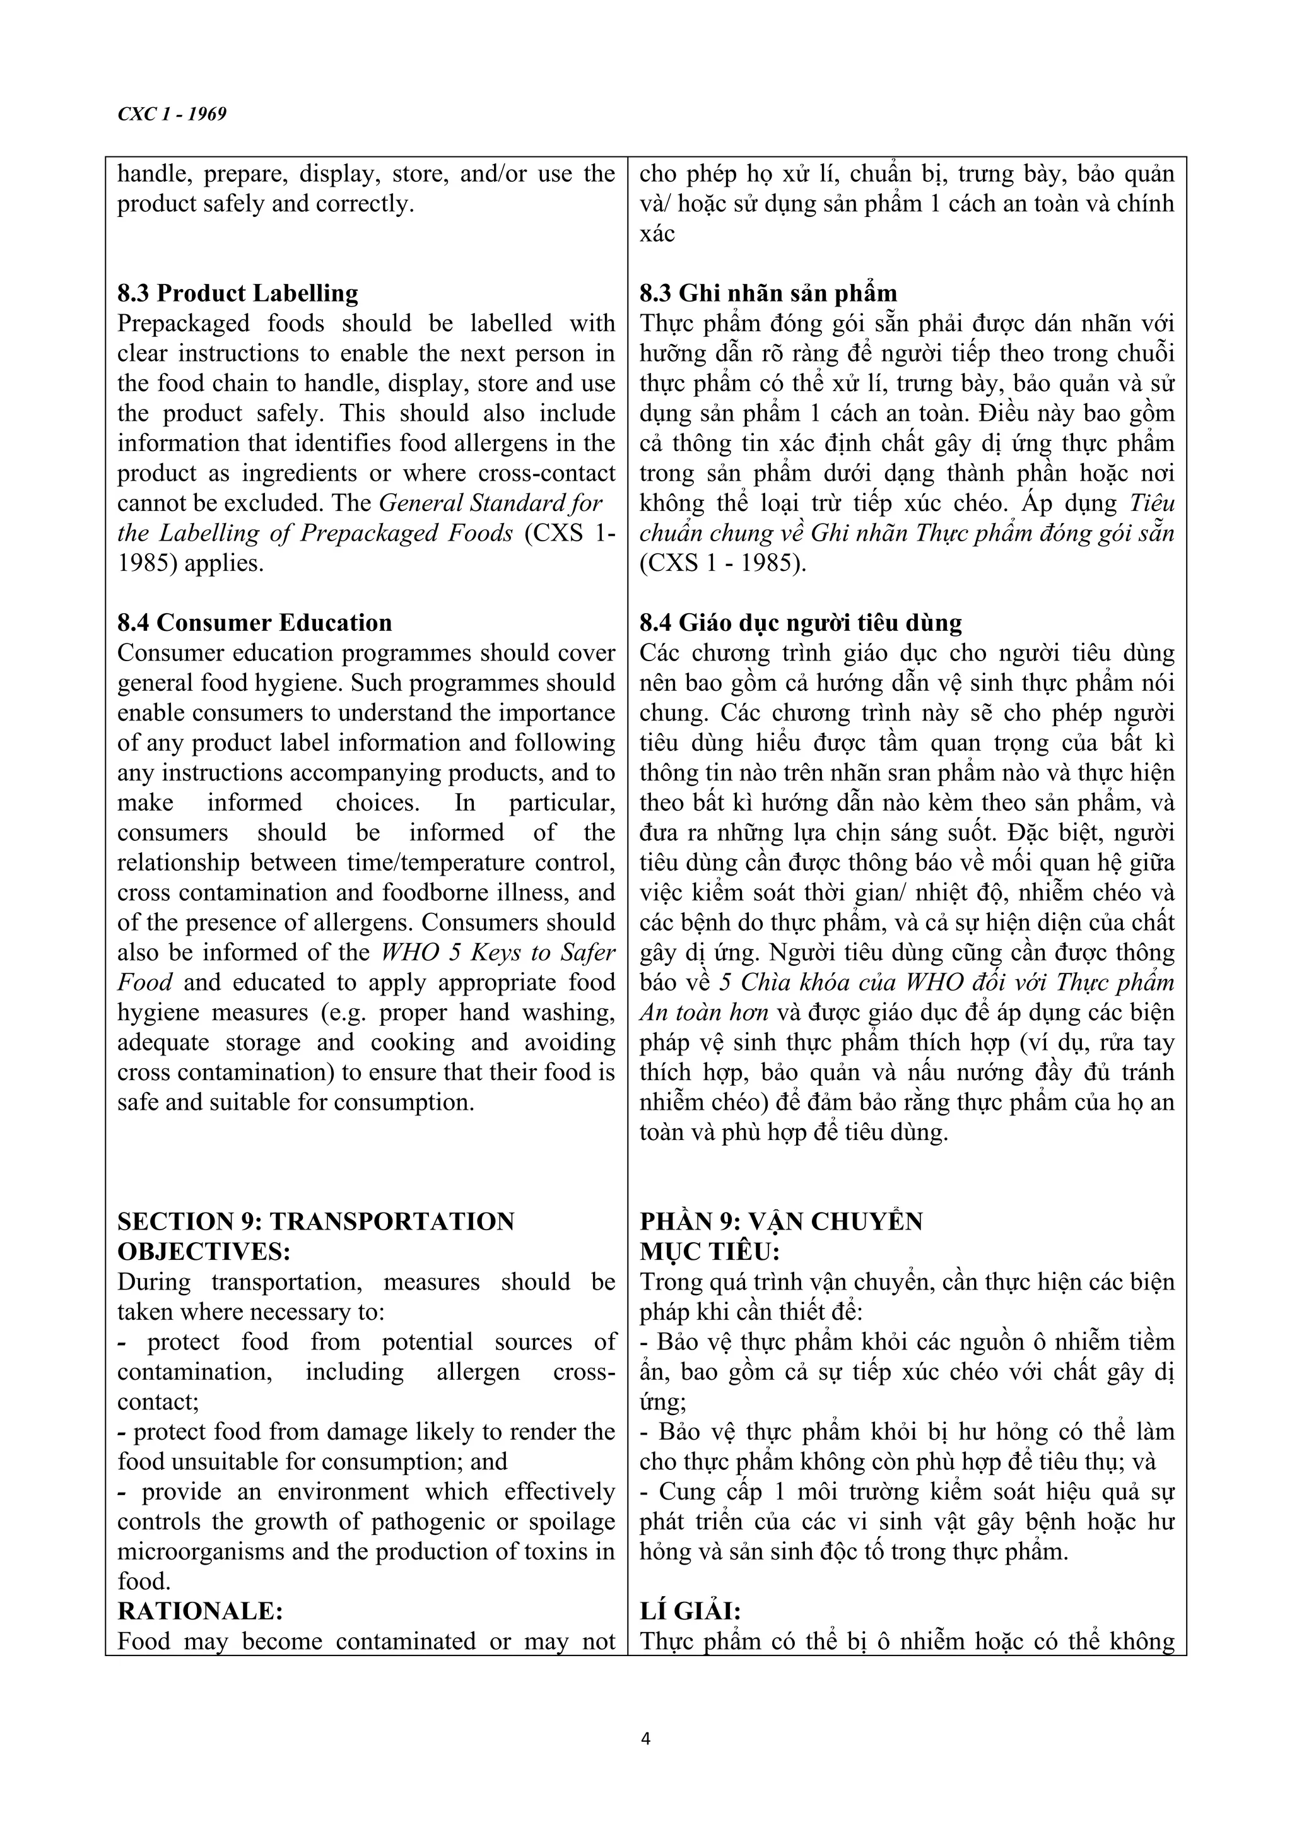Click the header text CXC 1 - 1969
coord(172,114)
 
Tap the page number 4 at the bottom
coord(645,1739)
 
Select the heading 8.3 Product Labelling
coord(237,293)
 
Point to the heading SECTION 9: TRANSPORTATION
coord(316,1221)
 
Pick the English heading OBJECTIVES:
coord(204,1252)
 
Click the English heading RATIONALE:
coord(201,1611)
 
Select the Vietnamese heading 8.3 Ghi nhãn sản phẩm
coord(768,293)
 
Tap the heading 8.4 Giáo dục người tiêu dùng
coord(801,622)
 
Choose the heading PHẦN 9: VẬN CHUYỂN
coord(781,1221)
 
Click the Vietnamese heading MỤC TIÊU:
coord(710,1252)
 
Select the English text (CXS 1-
coord(570,533)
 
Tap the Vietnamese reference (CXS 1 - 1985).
coord(722,563)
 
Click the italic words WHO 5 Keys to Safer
coord(498,953)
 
